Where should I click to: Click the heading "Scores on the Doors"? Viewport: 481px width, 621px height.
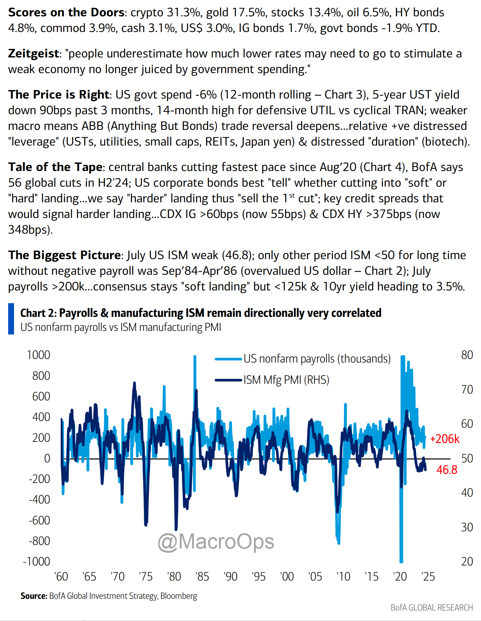66,12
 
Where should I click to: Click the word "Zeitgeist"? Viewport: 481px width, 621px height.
34,54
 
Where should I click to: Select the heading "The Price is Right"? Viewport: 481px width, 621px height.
58,95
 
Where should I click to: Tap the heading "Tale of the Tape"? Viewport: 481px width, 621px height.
55,167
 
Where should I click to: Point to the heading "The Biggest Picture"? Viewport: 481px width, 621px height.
65,255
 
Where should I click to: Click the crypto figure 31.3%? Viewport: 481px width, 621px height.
184,12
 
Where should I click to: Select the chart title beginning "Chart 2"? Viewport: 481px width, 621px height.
201,313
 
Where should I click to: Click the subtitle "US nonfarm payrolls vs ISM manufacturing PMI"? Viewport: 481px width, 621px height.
121,327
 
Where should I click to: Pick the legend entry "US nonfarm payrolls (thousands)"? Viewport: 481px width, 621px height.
317,359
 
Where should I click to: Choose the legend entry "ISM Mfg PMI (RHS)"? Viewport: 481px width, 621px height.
286,380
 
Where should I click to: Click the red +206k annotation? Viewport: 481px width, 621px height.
444,439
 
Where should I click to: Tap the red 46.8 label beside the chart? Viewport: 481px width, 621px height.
447,470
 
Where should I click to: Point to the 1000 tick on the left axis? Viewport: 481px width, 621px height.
39,355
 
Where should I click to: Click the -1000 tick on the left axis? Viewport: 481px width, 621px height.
37,562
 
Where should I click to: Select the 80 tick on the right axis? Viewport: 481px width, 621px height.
467,355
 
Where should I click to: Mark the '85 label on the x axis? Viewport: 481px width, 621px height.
202,577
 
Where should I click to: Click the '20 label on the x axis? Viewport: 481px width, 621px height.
400,577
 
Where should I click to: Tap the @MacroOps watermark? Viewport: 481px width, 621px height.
216,542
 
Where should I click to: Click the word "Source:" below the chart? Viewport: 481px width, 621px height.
34,596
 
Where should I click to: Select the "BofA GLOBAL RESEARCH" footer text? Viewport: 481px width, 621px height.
431,607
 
